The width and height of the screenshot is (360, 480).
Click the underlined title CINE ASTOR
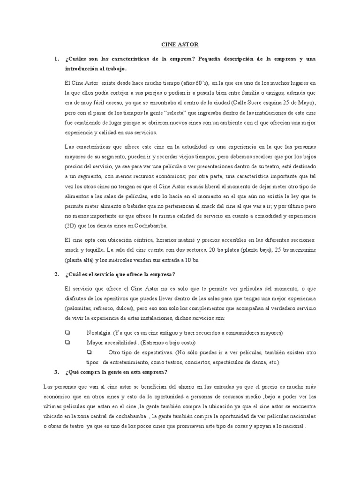pos(180,45)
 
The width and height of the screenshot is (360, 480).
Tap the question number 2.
pos(56,274)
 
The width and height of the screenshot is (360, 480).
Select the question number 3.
pos(56,372)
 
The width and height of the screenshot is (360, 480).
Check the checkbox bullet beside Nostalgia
pos(67,333)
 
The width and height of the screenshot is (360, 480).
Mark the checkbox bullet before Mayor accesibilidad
pos(67,343)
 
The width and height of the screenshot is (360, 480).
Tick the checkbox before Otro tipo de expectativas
pos(90,352)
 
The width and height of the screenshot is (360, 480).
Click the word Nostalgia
pos(97,333)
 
